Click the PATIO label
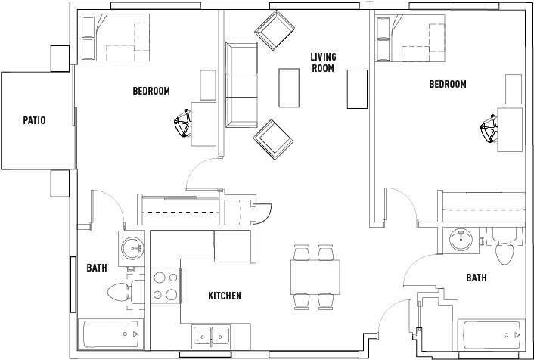click(34, 120)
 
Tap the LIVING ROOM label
click(324, 62)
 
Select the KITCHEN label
click(225, 296)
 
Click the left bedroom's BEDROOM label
click(151, 91)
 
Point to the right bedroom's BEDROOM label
click(448, 84)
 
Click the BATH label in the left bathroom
click(97, 268)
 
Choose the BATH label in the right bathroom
click(477, 278)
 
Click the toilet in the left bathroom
click(121, 291)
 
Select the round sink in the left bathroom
click(133, 247)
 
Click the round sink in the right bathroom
click(461, 241)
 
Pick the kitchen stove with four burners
click(166, 286)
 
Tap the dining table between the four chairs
click(313, 276)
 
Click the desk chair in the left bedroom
click(183, 125)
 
